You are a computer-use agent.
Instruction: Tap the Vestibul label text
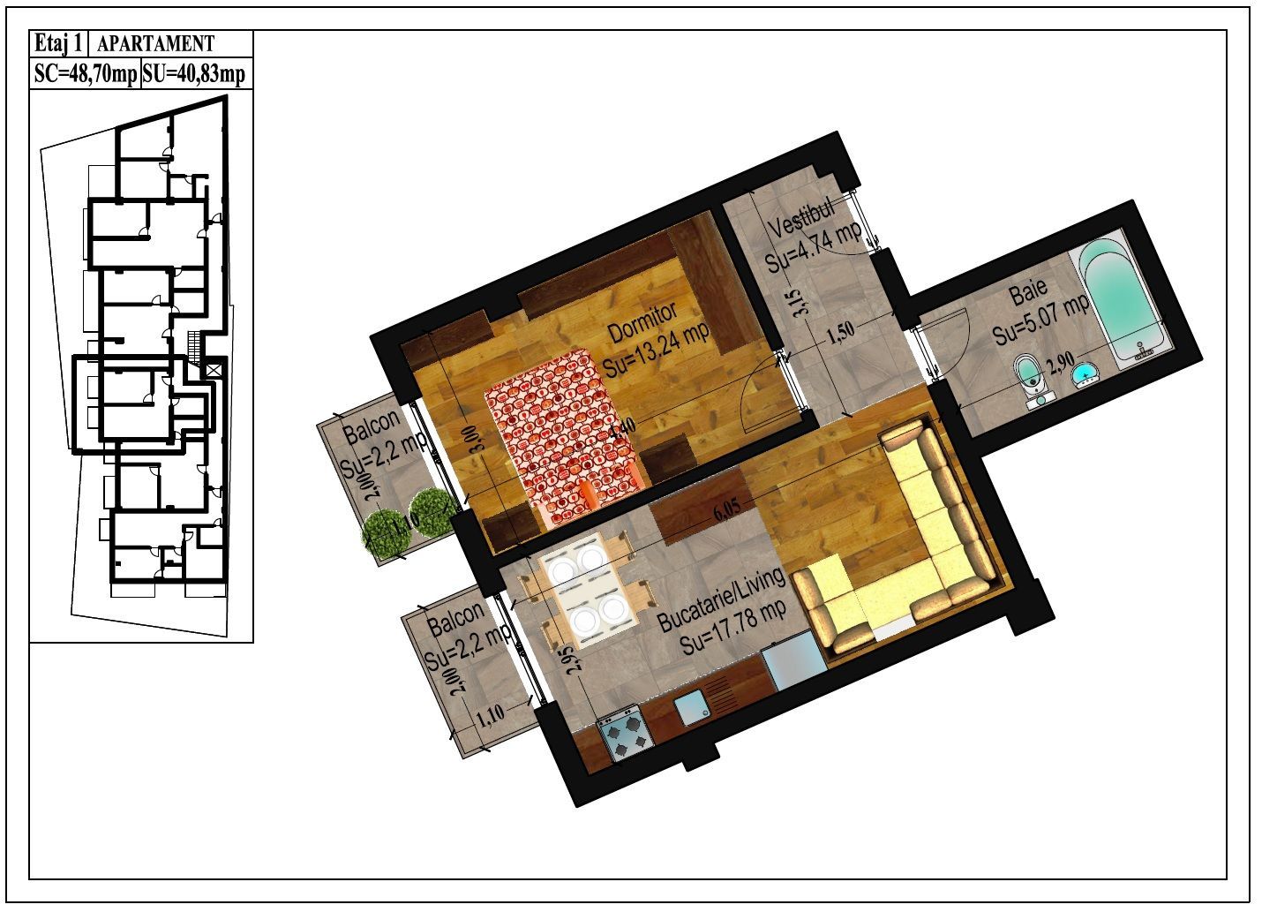(800, 218)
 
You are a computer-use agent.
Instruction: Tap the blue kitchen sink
(693, 706)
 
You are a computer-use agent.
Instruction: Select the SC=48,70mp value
(85, 75)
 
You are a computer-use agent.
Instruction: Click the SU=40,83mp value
(194, 75)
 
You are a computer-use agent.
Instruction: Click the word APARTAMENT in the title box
(155, 43)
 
